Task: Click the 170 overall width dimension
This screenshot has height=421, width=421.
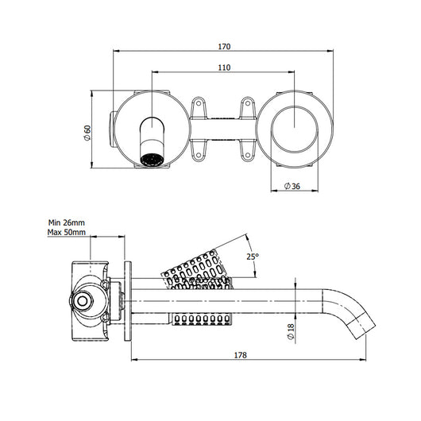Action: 222,44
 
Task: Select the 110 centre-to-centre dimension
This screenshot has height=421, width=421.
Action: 223,68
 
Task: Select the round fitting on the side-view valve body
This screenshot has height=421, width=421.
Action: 81,301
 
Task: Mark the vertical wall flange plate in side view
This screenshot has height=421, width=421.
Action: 126,300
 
